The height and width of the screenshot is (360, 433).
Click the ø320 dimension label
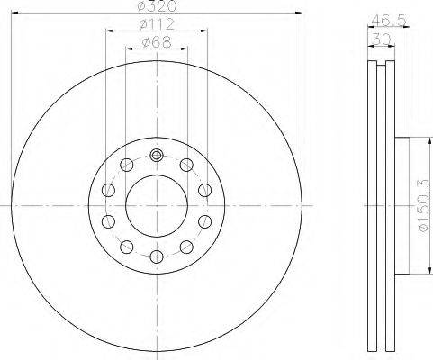click(x=157, y=6)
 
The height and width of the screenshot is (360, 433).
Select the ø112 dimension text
click(x=157, y=24)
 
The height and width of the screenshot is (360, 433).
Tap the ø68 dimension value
click(x=157, y=42)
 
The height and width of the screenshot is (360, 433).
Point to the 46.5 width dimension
click(x=389, y=21)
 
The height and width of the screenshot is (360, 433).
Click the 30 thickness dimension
click(x=381, y=39)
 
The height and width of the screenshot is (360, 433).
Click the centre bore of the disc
click(x=157, y=206)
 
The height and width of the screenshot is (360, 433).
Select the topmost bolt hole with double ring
click(x=157, y=155)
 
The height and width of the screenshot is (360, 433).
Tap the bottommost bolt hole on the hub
click(x=157, y=256)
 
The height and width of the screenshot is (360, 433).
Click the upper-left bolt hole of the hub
click(x=126, y=165)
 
